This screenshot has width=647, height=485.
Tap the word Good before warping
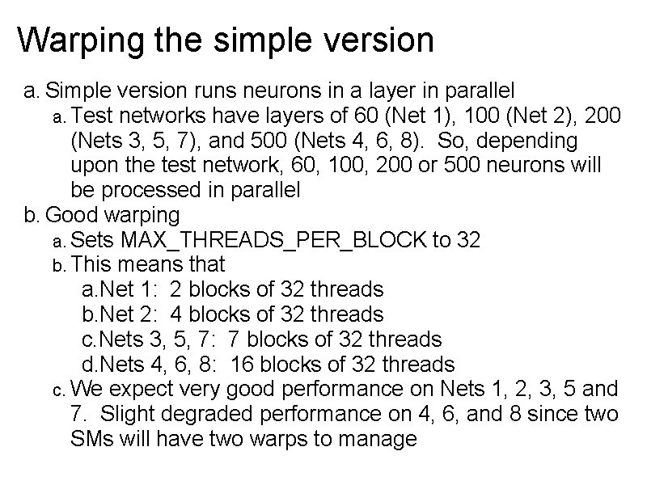(x=74, y=216)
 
